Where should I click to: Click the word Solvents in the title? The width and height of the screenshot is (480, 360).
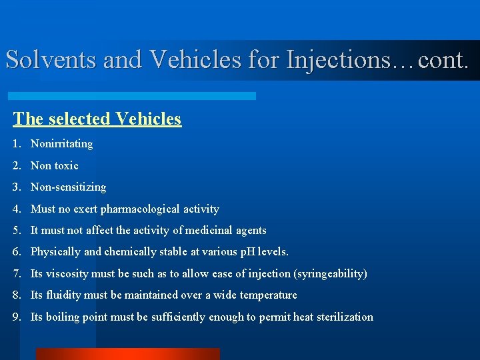(x=51, y=60)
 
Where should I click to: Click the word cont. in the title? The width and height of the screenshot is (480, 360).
(x=443, y=60)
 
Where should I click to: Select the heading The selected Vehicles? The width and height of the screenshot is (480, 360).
(x=97, y=119)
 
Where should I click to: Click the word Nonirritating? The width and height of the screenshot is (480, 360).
(x=61, y=143)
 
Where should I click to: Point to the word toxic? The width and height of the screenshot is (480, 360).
(x=66, y=165)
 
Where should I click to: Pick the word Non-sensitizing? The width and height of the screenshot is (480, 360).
(x=68, y=187)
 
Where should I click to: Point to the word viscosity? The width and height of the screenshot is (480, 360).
(x=67, y=273)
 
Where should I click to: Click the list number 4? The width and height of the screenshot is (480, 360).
(x=16, y=209)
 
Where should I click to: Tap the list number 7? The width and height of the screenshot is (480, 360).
(x=16, y=273)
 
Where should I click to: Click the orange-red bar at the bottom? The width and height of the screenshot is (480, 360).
(x=127, y=354)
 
